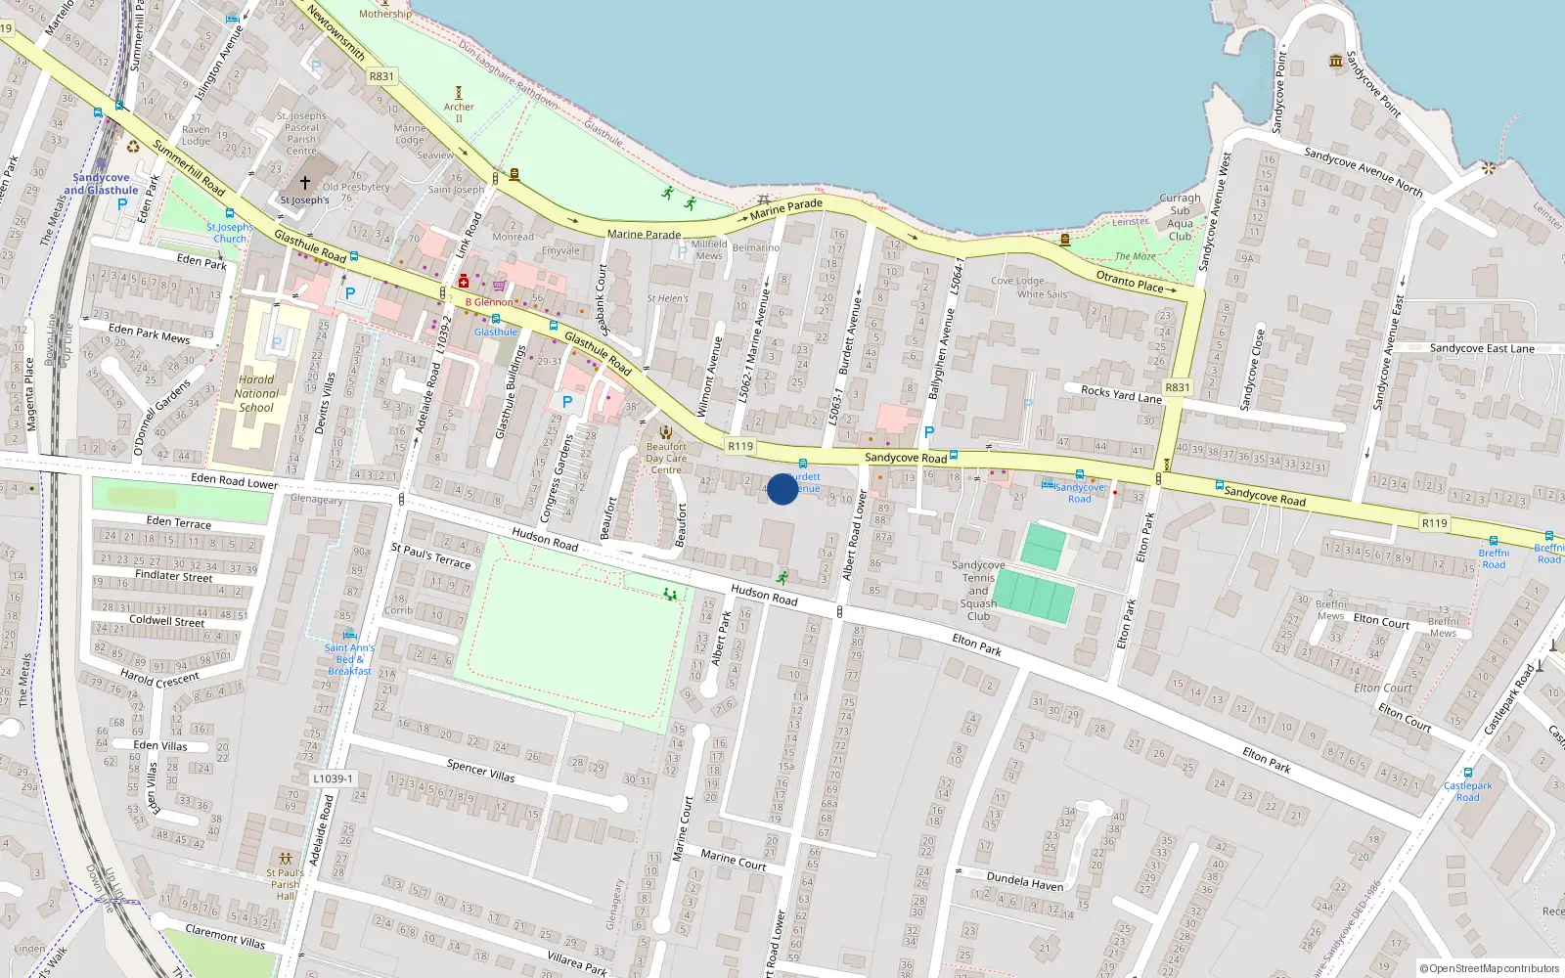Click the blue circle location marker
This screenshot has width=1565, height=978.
[x=782, y=489]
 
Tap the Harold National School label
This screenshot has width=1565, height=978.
[x=256, y=394]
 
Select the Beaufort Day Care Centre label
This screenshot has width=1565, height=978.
[x=666, y=458]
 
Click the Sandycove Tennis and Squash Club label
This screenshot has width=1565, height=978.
[x=978, y=591]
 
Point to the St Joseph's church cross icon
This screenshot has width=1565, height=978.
[x=305, y=183]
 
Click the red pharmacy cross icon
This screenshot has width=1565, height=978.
[x=464, y=282]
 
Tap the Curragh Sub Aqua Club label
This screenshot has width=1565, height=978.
[x=1180, y=217]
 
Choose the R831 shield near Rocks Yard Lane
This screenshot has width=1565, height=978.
[x=1178, y=387]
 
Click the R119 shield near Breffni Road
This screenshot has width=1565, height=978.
[x=1434, y=523]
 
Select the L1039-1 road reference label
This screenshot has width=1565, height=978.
[x=333, y=779]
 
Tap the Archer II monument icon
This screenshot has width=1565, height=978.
[x=459, y=94]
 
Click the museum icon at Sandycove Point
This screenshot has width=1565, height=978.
[x=1336, y=62]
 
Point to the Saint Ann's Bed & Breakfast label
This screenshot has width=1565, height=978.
[x=349, y=659]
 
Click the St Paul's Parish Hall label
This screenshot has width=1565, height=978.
[x=285, y=884]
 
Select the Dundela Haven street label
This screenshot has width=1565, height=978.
[x=1024, y=881]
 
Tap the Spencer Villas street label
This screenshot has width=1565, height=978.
[x=480, y=771]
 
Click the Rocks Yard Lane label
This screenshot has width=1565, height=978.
[x=1121, y=394]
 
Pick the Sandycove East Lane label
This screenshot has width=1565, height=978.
[x=1482, y=349]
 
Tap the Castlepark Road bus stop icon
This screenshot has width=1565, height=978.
[x=1467, y=773]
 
